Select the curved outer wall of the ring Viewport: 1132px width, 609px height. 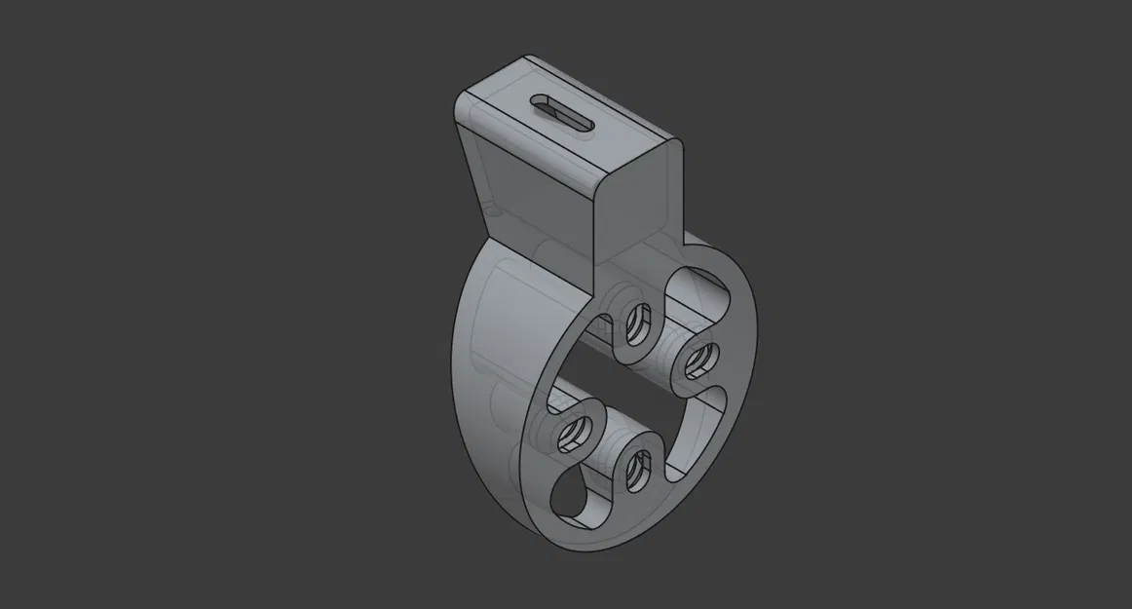tap(487, 390)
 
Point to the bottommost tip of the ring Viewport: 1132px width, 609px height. tap(585, 553)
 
